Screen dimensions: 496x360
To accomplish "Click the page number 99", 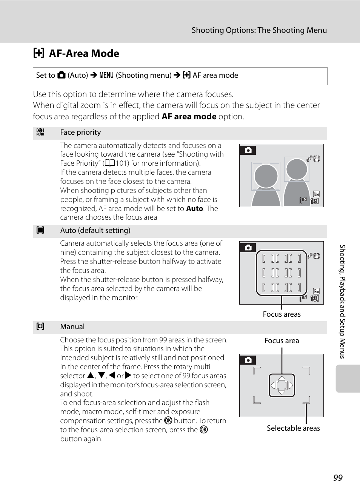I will (x=338, y=478).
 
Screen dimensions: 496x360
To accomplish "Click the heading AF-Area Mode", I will (x=84, y=54).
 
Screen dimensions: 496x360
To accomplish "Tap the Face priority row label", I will (x=80, y=132).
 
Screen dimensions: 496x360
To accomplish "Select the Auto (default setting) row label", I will (x=95, y=231).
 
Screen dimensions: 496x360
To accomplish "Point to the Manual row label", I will (x=72, y=327).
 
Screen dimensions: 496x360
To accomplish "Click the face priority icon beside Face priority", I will (x=40, y=132).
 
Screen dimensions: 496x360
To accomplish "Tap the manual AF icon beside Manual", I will (x=40, y=327).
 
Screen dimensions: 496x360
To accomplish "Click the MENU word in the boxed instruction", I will (x=106, y=75).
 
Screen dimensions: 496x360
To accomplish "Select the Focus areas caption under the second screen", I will (x=282, y=314).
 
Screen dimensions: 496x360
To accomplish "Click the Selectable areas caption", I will (x=293, y=428).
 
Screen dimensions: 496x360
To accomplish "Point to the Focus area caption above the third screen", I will (x=282, y=341).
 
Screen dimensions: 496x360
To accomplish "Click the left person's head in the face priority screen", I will (x=266, y=176).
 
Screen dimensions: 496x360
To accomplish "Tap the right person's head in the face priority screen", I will (x=297, y=169).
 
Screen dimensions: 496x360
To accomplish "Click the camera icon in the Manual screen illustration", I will (x=248, y=360).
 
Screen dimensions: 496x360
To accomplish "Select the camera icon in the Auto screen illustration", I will (x=248, y=248).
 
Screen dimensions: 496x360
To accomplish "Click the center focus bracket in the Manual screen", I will (x=282, y=385).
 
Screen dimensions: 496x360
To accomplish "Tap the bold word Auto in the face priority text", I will (x=194, y=208).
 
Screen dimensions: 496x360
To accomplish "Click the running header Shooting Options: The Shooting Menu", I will (x=259, y=30).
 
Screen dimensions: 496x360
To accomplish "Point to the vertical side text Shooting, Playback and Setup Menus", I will (x=342, y=302).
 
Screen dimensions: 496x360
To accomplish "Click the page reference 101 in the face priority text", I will (x=122, y=163).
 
